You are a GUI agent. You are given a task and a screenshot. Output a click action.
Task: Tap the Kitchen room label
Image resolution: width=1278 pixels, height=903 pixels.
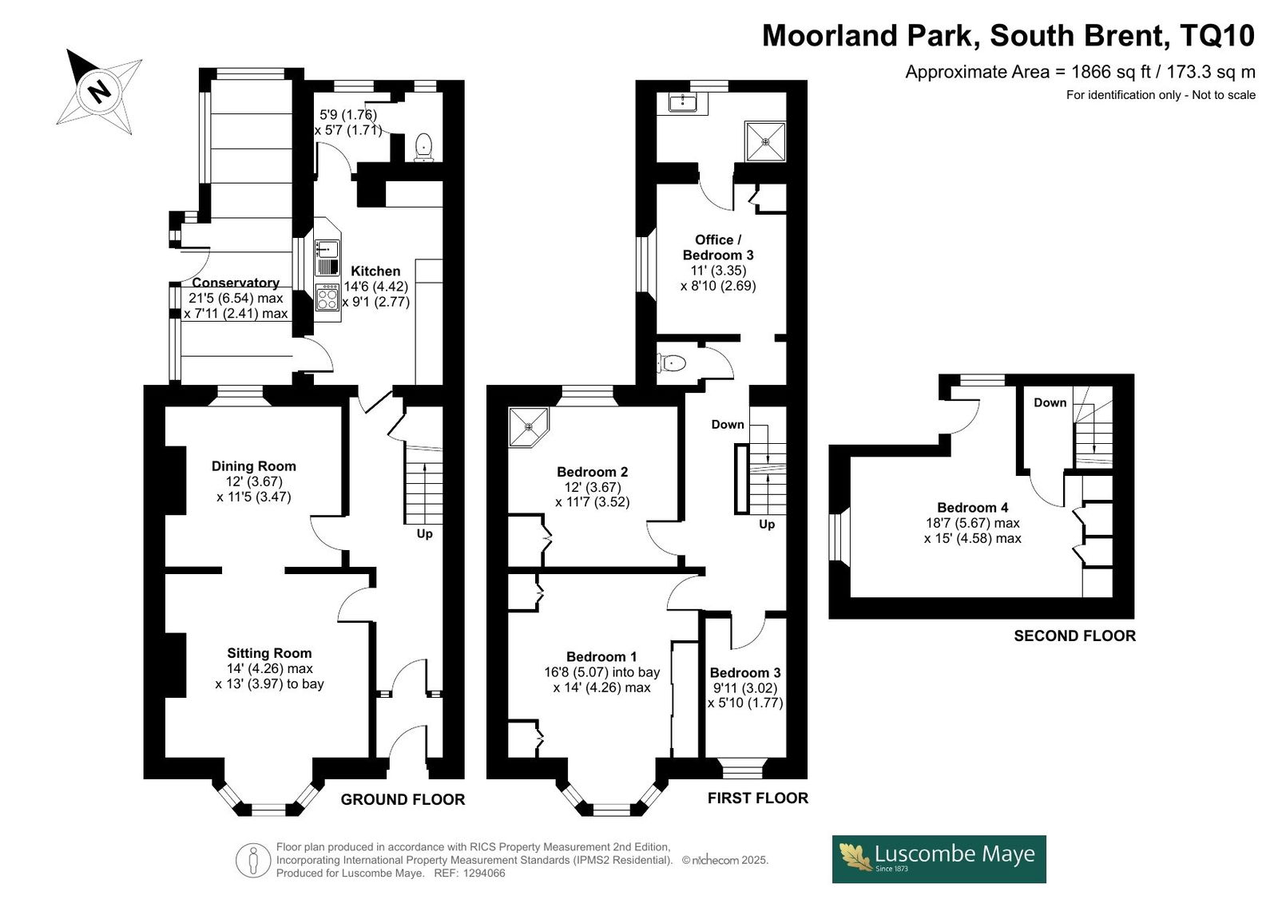(375, 271)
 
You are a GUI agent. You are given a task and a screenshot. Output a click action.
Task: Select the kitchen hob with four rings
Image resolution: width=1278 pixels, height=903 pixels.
(327, 298)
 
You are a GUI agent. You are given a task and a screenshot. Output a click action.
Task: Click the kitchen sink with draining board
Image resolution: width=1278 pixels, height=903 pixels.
(327, 258)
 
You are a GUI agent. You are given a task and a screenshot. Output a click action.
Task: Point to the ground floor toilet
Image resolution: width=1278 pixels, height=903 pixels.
(423, 147)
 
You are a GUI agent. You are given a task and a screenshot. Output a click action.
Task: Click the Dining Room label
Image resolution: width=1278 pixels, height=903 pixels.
(254, 466)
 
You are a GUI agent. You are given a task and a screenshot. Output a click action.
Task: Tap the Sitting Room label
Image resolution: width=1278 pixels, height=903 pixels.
(269, 653)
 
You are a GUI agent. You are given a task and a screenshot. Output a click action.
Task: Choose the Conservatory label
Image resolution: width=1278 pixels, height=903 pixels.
(236, 283)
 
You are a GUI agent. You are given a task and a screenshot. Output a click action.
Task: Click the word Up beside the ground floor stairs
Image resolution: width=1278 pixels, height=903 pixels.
(424, 534)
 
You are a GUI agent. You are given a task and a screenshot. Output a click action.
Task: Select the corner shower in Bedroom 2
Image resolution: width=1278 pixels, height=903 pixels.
(528, 426)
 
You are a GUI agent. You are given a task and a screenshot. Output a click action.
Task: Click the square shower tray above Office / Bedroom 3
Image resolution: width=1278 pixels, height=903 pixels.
(765, 141)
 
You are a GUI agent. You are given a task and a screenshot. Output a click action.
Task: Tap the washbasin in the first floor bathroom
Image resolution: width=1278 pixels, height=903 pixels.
(682, 103)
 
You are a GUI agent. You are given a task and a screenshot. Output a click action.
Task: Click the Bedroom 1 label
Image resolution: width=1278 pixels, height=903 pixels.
(601, 656)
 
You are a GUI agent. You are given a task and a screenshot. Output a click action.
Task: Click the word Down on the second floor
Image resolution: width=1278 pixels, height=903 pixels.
(1050, 402)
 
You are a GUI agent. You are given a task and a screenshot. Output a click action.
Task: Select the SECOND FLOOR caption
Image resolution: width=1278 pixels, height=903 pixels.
(1075, 636)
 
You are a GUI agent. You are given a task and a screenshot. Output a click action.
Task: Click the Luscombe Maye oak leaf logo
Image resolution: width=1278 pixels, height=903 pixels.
(855, 857)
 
